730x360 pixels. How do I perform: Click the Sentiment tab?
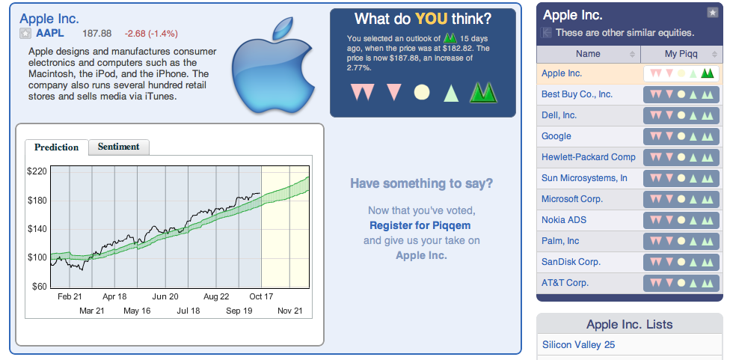(119, 147)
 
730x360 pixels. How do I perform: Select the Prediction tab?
(56, 147)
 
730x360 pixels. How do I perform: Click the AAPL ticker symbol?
(50, 33)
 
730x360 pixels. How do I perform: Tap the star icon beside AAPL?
(25, 34)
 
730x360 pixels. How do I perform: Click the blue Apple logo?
(273, 65)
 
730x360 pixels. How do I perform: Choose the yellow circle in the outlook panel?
(422, 92)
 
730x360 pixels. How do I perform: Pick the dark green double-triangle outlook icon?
(483, 92)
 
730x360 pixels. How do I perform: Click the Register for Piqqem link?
(420, 225)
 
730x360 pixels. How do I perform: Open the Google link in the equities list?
(556, 136)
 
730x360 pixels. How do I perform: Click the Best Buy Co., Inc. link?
(577, 94)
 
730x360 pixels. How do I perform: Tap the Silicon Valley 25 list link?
(578, 344)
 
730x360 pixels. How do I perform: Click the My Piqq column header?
(681, 54)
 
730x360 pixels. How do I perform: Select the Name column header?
(588, 54)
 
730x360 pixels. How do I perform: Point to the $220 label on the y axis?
(37, 171)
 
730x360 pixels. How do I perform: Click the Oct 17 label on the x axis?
(261, 296)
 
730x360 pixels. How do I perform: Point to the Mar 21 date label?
(92, 311)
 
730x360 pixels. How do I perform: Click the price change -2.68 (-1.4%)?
(151, 34)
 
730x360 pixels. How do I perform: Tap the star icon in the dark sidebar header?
(712, 13)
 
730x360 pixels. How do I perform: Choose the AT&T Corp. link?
(565, 283)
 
